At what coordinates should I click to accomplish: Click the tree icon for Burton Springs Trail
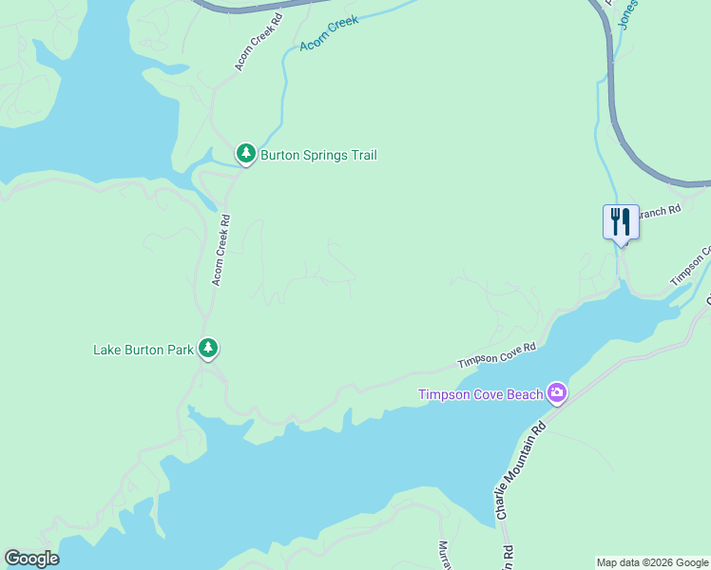(246, 153)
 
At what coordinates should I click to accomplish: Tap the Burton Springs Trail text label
(318, 155)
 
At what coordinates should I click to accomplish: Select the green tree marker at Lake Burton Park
(208, 349)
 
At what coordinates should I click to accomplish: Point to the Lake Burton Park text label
(143, 350)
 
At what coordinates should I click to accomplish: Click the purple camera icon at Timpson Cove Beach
(557, 392)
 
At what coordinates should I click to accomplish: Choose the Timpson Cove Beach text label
(481, 394)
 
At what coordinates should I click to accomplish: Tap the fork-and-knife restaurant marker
(621, 222)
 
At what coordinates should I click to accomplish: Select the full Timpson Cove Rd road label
(497, 355)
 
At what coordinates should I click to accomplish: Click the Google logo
(31, 559)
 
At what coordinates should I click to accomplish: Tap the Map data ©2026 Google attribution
(652, 562)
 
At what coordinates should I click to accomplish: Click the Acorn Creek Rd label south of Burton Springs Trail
(220, 250)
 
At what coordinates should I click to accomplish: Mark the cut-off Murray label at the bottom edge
(443, 555)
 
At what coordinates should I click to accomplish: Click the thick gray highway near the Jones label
(613, 85)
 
